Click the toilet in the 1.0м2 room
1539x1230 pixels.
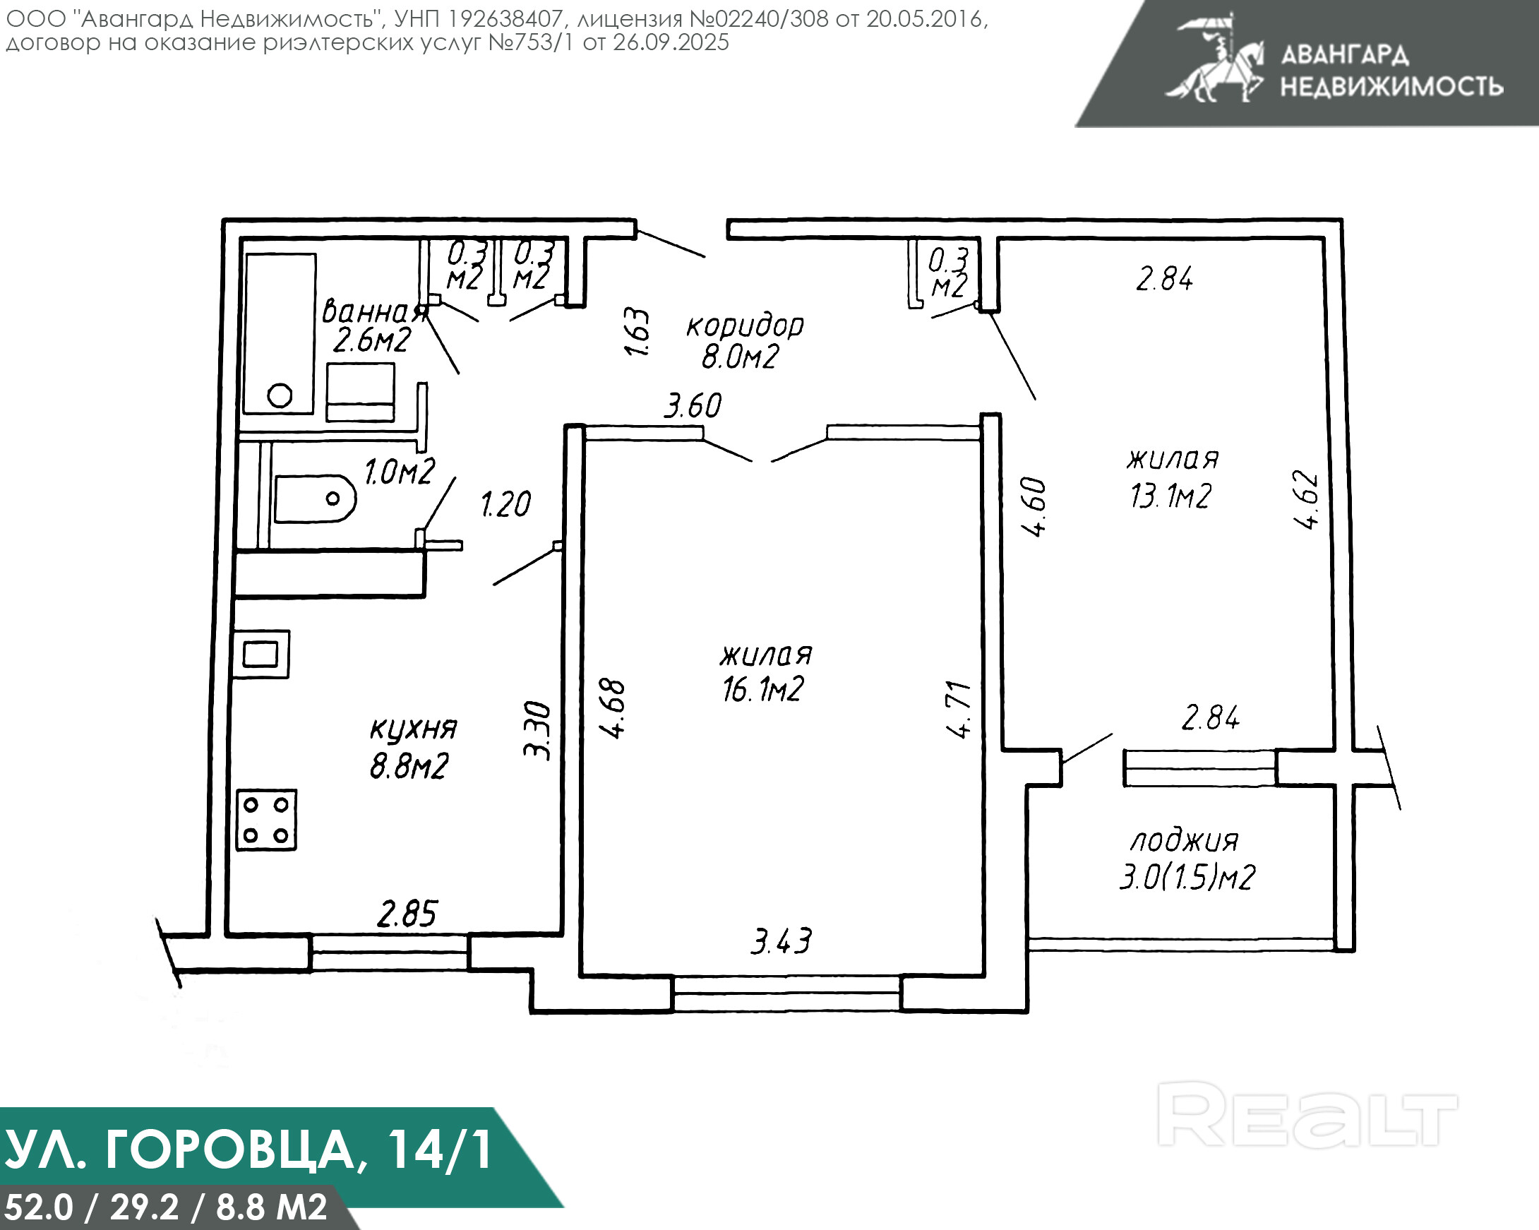click(x=315, y=499)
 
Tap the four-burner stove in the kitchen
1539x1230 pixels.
click(x=266, y=820)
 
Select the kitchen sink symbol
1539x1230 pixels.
click(x=261, y=654)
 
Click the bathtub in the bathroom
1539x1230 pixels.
click(x=279, y=333)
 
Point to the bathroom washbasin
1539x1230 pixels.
click(x=361, y=392)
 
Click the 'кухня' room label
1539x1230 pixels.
click(x=412, y=729)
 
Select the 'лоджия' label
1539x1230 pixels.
click(x=1184, y=841)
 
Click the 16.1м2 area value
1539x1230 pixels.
click(x=763, y=690)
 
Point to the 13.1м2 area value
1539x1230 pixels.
click(x=1170, y=496)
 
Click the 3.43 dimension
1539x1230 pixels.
click(x=781, y=941)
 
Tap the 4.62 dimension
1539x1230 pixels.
click(x=1306, y=499)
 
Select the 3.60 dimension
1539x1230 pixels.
click(x=693, y=405)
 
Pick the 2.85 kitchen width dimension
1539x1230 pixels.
click(x=407, y=914)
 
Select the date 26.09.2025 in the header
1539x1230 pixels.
click(x=671, y=43)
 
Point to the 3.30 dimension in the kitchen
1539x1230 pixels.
click(x=537, y=731)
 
